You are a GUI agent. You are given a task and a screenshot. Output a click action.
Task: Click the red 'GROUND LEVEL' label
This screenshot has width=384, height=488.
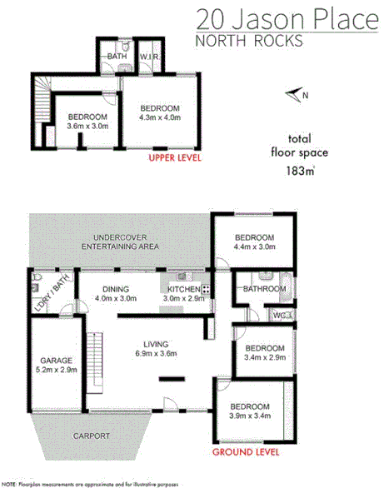coord(245,453)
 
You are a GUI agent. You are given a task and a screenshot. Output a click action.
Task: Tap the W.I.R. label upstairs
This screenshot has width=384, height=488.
coord(150,57)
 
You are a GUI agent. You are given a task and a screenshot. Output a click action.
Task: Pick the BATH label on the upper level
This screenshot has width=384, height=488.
coord(116,57)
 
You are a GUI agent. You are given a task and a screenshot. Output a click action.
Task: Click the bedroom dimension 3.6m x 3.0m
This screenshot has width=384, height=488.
coord(87,127)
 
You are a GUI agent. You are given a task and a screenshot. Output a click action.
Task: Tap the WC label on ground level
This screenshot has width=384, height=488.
coord(279,315)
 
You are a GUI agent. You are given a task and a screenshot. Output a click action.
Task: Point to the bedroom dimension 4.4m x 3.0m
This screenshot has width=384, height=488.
coord(254,247)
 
